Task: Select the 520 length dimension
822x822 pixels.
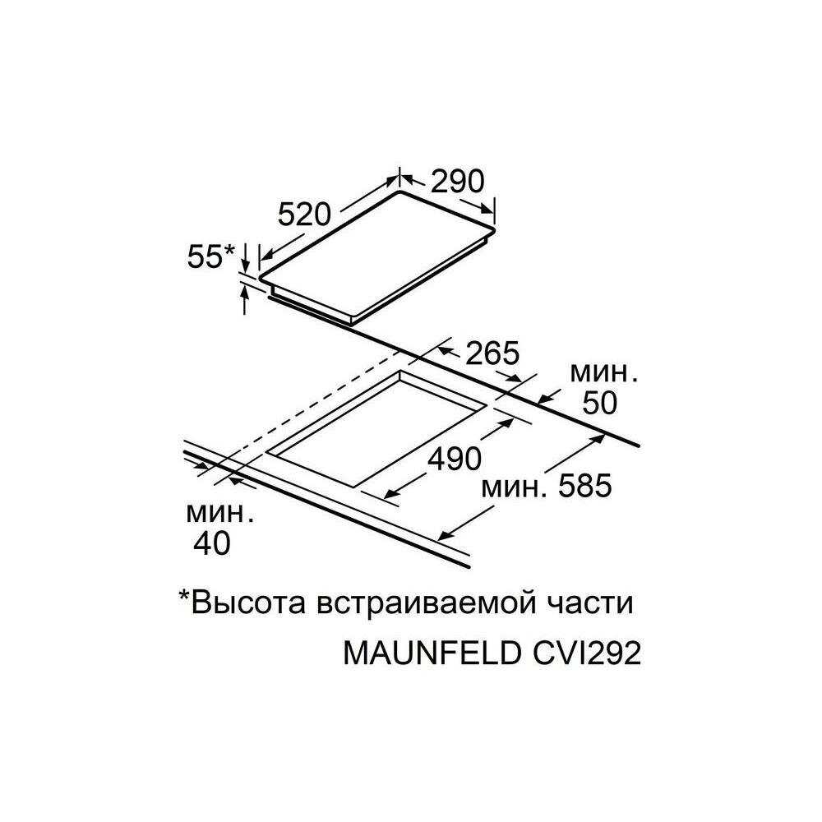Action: [303, 215]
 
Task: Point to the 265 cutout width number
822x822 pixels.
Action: [492, 353]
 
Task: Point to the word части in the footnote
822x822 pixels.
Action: [594, 604]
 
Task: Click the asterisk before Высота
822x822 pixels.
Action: [184, 598]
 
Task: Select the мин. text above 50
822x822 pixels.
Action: [604, 373]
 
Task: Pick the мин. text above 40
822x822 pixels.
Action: [219, 514]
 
